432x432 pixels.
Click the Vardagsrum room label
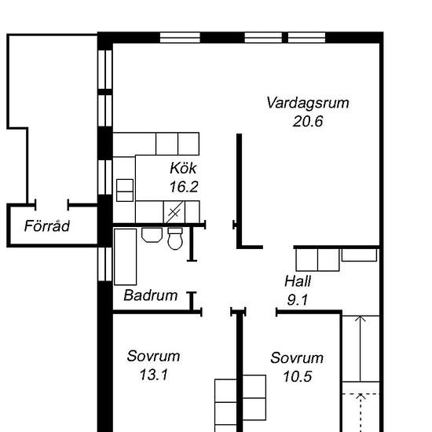(x=308, y=103)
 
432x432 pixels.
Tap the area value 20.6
(x=308, y=121)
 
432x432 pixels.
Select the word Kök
(x=183, y=168)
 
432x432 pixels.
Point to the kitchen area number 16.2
(x=184, y=187)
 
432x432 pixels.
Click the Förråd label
(x=47, y=226)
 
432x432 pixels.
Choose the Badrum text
(x=151, y=295)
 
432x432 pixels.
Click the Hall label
(x=298, y=281)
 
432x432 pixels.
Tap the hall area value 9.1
(x=298, y=300)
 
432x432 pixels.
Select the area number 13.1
(x=153, y=375)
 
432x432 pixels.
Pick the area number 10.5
(x=298, y=376)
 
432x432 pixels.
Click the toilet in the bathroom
(x=175, y=239)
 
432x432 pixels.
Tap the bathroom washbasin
(x=152, y=235)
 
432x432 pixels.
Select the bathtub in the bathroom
(x=126, y=257)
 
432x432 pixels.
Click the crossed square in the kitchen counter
(x=174, y=212)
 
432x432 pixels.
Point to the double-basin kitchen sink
(x=125, y=190)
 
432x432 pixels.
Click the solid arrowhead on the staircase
(x=361, y=319)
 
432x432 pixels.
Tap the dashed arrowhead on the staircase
(x=361, y=397)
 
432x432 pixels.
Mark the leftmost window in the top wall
(x=180, y=38)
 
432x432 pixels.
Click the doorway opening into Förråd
(x=52, y=205)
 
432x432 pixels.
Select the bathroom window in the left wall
(x=105, y=264)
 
